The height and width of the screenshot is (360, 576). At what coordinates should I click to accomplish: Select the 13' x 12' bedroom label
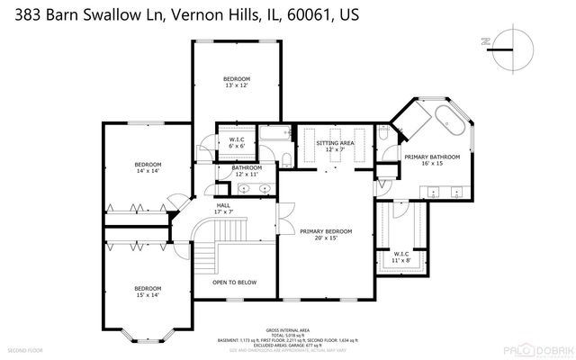237,83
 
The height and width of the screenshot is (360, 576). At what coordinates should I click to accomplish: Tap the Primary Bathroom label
432,160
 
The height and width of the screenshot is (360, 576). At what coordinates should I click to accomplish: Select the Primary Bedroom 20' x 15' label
326,234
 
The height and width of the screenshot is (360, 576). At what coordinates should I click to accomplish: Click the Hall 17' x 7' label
224,208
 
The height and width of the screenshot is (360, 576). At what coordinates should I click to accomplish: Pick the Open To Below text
234,283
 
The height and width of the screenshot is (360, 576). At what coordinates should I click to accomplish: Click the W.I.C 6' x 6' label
238,143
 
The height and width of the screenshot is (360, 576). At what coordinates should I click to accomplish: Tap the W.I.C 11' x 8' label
402,257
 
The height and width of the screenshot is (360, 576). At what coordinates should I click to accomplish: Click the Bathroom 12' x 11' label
246,170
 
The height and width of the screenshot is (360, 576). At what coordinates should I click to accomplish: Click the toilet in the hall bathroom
285,158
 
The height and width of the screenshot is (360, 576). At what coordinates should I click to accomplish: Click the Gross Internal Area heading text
287,330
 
